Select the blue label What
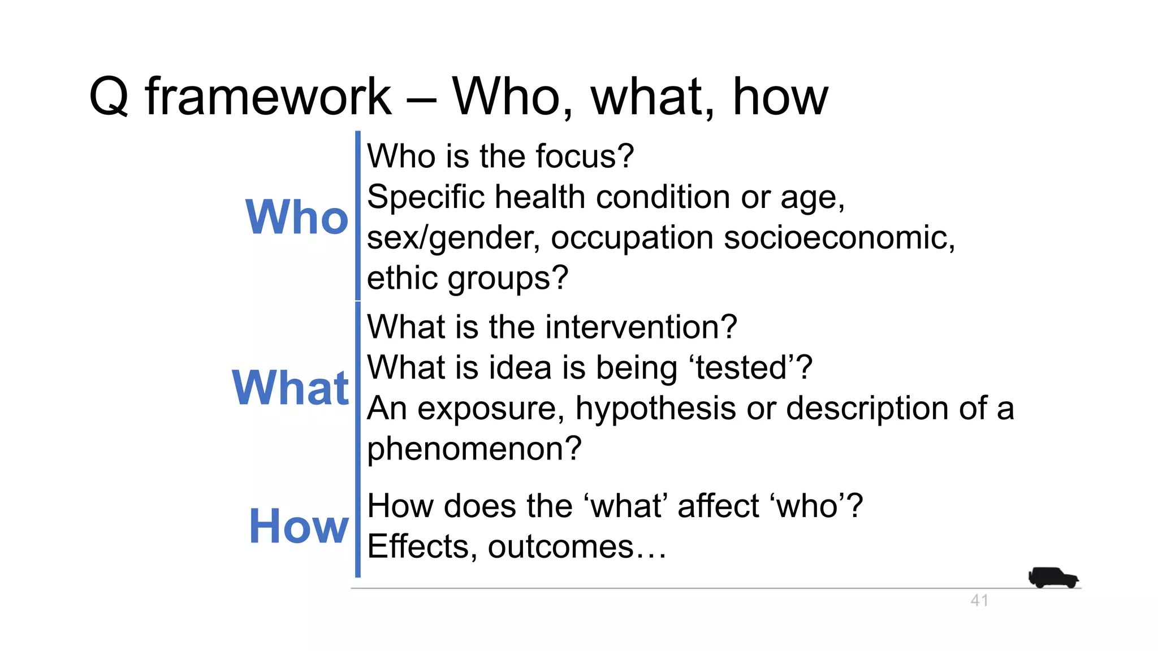(x=291, y=388)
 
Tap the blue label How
(x=299, y=527)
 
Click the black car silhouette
(x=1053, y=578)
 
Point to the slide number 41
(x=979, y=601)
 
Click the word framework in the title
(x=268, y=97)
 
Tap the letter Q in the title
(x=109, y=97)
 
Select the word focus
(x=585, y=157)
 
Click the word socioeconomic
(x=839, y=237)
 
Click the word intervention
(x=641, y=327)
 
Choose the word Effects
(x=422, y=546)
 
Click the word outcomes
(x=560, y=546)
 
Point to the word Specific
(x=426, y=197)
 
